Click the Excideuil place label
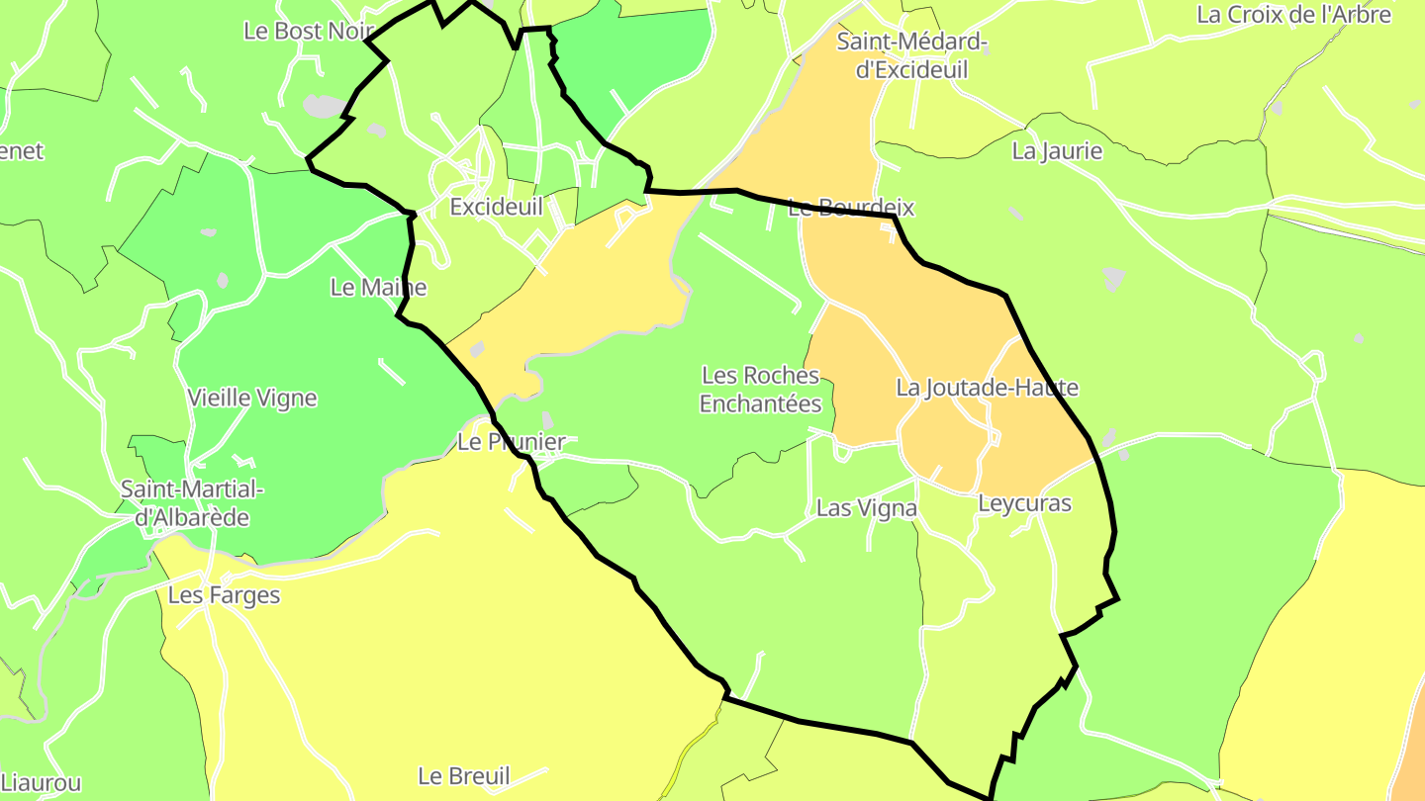[496, 207]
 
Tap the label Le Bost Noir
[308, 31]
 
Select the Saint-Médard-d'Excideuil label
[911, 55]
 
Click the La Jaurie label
[1057, 151]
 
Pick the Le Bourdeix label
[851, 209]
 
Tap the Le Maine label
[378, 288]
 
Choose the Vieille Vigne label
[252, 399]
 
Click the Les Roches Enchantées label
[760, 390]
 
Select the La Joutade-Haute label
[987, 388]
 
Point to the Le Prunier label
[511, 442]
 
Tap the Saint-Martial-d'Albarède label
[192, 503]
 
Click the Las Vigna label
[866, 508]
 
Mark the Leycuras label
[1024, 503]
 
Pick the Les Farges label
[224, 595]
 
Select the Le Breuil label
[463, 776]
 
